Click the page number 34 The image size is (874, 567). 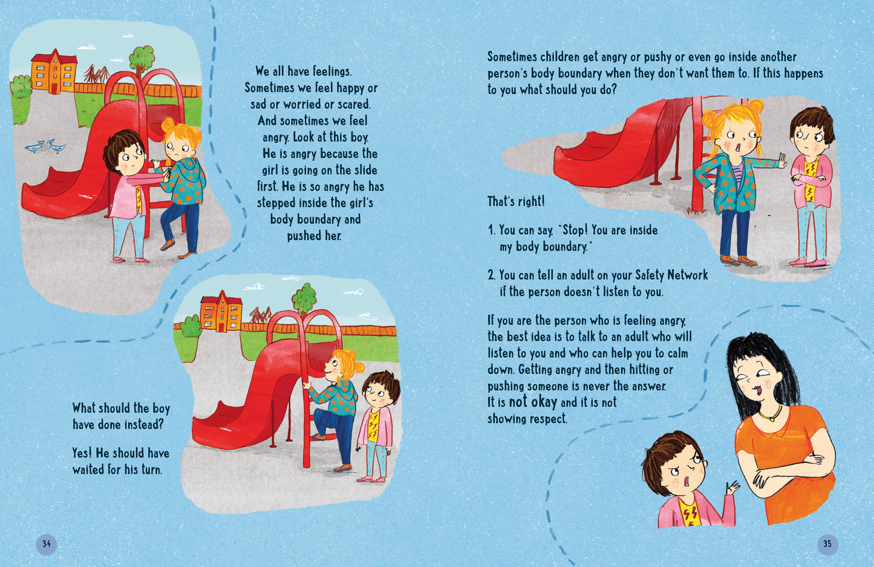click(47, 543)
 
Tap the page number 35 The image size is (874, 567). click(827, 543)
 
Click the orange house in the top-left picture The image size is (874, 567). click(54, 72)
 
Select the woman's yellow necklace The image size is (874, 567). click(771, 414)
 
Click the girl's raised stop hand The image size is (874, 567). click(781, 160)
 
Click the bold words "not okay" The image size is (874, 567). click(533, 402)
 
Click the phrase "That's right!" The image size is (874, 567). click(516, 202)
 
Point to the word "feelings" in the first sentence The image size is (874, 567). click(331, 72)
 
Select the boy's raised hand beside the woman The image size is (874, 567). click(732, 488)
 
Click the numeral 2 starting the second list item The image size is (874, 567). click(491, 275)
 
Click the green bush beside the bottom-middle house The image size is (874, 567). click(191, 327)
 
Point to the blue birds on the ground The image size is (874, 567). click(45, 146)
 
